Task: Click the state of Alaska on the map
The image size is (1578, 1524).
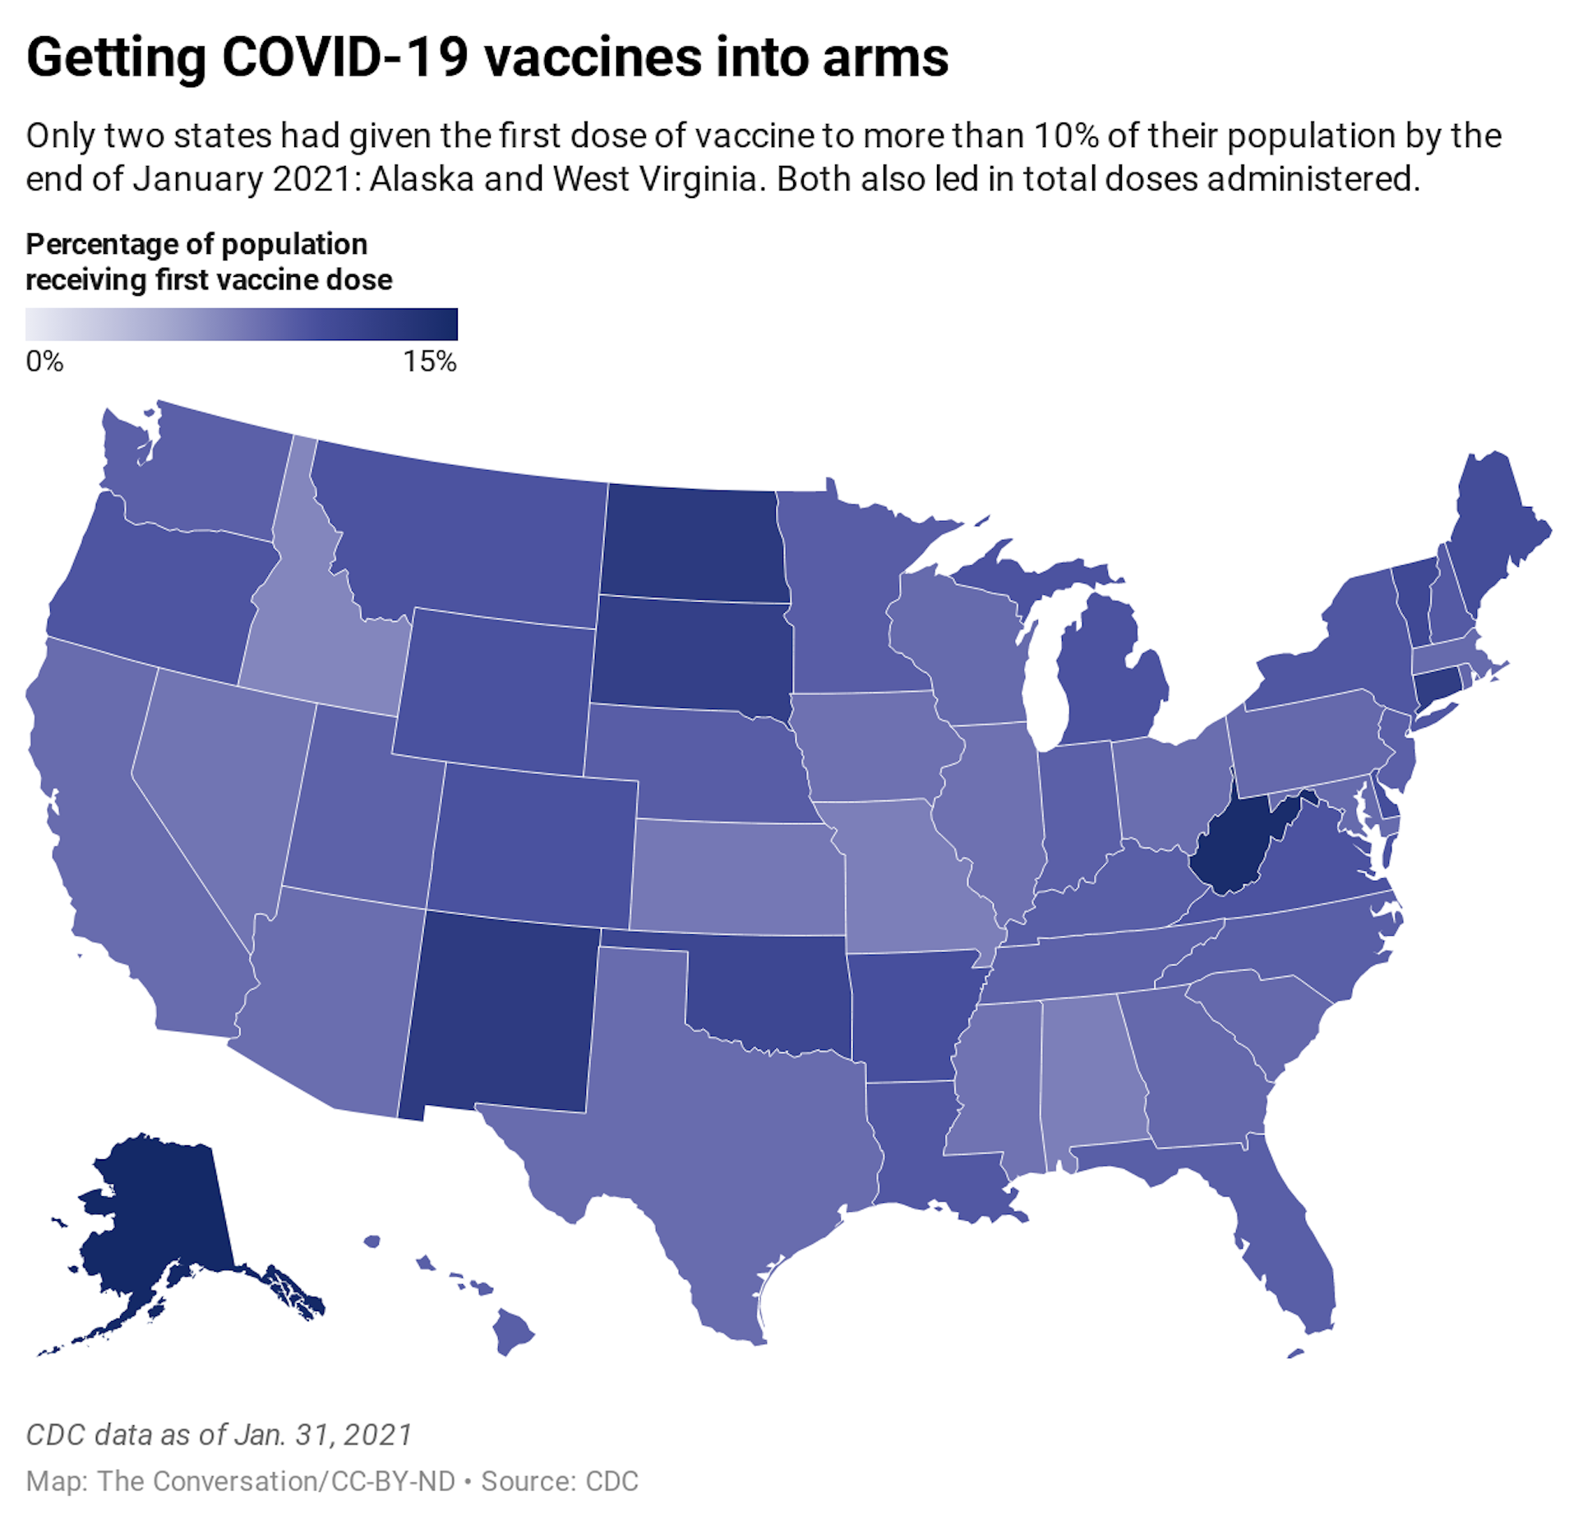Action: coord(156,1216)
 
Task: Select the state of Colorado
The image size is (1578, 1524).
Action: coord(534,842)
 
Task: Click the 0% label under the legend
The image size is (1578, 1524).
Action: coord(44,361)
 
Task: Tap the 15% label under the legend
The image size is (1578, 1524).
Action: coord(429,361)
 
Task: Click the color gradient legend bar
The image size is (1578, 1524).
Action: coord(241,324)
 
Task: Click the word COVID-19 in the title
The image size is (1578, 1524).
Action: coord(345,58)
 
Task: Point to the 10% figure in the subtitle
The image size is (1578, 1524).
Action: coord(1065,136)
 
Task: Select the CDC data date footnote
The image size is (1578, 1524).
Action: coord(219,1434)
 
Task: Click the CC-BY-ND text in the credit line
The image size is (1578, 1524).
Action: coord(393,1481)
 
